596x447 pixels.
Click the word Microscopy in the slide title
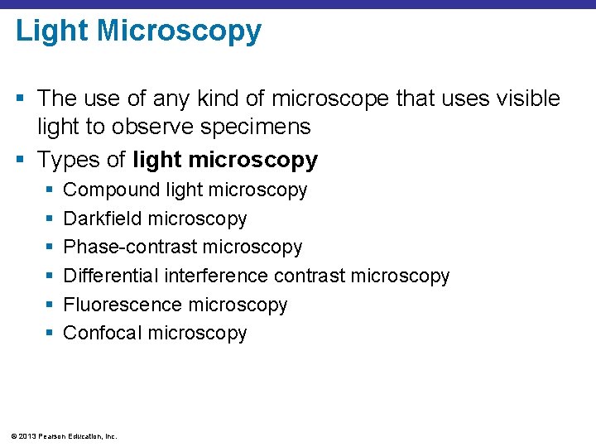pyautogui.click(x=179, y=31)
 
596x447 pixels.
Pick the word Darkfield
pyautogui.click(x=102, y=219)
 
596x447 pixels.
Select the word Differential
pyautogui.click(x=111, y=276)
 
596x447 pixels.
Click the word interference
pyautogui.click(x=216, y=276)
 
